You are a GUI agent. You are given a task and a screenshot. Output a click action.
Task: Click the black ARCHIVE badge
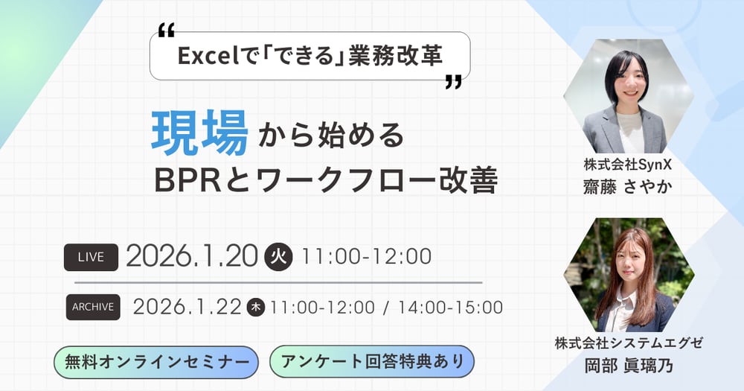pyautogui.click(x=93, y=306)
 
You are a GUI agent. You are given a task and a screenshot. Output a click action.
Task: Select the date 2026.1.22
pyautogui.click(x=187, y=306)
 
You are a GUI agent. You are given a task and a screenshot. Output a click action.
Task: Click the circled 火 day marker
pyautogui.click(x=279, y=257)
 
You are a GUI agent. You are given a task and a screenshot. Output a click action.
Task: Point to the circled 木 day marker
pyautogui.click(x=256, y=307)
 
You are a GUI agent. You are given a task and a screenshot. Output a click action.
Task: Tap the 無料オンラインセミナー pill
pyautogui.click(x=157, y=362)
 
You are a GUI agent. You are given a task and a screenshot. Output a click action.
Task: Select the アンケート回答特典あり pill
pyautogui.click(x=371, y=361)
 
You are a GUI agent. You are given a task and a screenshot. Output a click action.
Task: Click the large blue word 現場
pyautogui.click(x=199, y=134)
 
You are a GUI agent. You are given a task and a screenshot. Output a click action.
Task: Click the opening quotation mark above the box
pyautogui.click(x=167, y=31)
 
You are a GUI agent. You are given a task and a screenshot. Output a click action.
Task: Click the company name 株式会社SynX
pyautogui.click(x=628, y=165)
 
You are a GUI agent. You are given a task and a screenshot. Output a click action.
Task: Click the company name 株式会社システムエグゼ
pyautogui.click(x=629, y=343)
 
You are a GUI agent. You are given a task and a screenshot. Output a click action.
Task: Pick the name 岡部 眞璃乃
pyautogui.click(x=629, y=365)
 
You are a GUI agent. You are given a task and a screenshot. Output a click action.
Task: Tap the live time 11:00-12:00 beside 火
pyautogui.click(x=367, y=257)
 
